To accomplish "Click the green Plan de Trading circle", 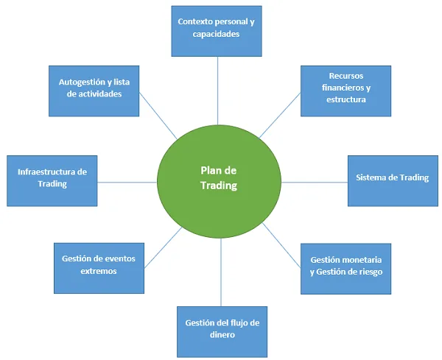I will (x=219, y=180).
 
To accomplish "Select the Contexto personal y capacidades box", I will (x=217, y=29).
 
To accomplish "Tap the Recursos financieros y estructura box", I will (x=345, y=90).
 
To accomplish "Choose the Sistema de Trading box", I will (x=391, y=179).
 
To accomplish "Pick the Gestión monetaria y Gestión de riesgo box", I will (x=345, y=267).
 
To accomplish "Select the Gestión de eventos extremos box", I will (x=99, y=266).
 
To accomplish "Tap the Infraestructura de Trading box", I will (x=52, y=180).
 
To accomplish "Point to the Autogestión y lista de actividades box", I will (x=94, y=90).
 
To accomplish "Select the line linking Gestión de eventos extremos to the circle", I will (x=161, y=244).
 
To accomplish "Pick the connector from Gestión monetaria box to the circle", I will (x=281, y=239).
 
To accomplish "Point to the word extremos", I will (x=99, y=271).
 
